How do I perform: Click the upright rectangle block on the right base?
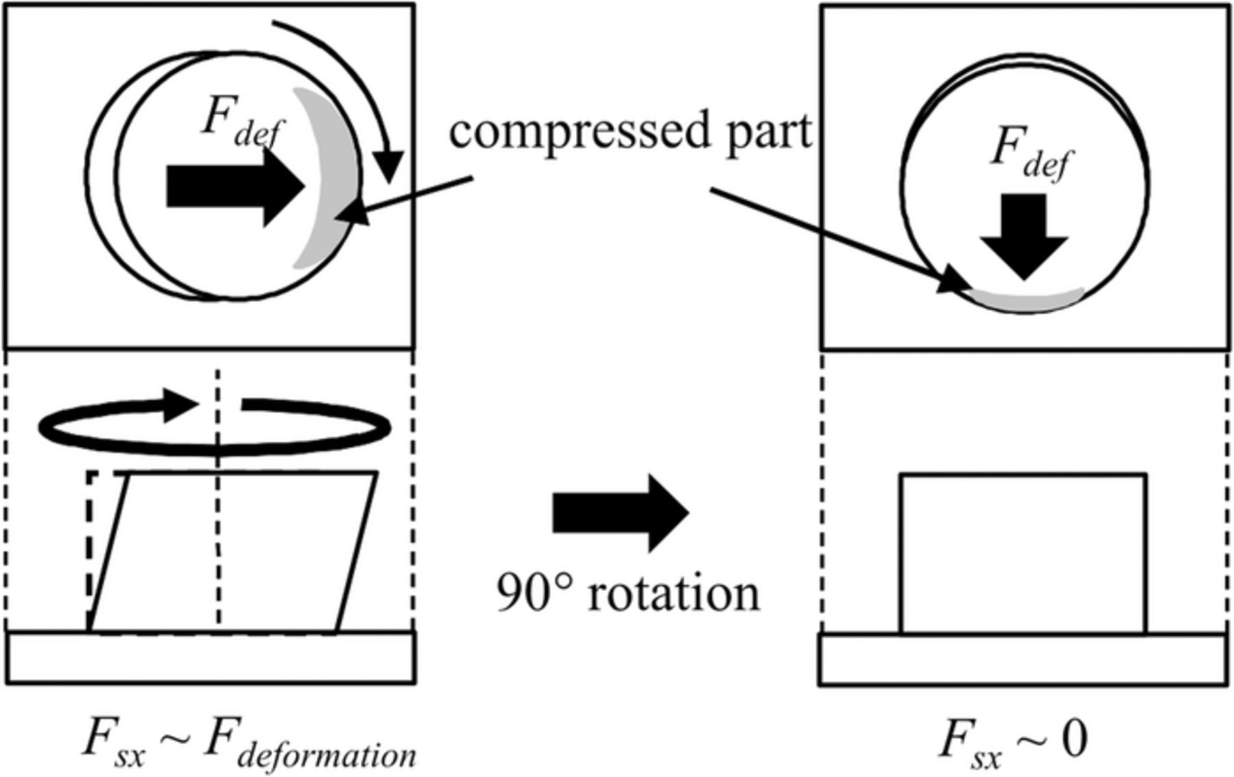click(1023, 554)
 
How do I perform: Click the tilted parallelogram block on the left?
click(233, 552)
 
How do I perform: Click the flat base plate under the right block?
click(1023, 660)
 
